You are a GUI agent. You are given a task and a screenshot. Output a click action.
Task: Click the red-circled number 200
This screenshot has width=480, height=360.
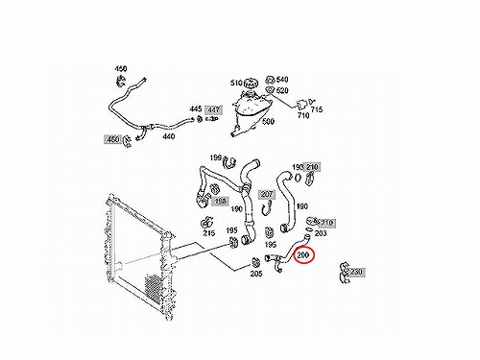302,255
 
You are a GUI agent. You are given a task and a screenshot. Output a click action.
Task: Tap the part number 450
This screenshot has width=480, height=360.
121,69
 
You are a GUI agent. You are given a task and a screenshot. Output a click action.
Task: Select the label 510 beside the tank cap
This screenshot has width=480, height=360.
236,83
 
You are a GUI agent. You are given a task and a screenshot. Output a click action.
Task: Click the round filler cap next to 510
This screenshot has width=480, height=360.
251,84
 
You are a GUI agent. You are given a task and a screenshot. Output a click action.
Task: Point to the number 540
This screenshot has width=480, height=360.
282,80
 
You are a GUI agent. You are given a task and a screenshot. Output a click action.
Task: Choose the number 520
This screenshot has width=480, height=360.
282,90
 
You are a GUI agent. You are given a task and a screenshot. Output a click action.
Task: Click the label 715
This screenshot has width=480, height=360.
317,109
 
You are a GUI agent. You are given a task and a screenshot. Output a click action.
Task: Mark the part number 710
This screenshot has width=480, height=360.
303,115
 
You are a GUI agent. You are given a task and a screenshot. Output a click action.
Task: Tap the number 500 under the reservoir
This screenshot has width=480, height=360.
268,122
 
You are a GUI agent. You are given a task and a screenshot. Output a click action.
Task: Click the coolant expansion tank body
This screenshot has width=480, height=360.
252,110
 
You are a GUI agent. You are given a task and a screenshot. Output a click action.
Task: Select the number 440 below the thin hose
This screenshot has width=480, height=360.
169,136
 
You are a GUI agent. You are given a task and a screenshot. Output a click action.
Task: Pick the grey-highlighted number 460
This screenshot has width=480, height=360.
113,139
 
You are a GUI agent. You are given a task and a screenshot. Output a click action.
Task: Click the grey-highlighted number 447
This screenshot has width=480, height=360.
214,109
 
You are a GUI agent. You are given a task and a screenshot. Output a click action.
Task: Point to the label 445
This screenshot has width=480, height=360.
195,108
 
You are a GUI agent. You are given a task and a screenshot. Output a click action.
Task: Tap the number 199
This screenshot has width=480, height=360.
216,157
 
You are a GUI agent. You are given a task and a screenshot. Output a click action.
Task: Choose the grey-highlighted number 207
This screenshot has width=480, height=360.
267,194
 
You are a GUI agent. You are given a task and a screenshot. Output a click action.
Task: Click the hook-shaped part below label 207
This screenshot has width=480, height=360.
267,207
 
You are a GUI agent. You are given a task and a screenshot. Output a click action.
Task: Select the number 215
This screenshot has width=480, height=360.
209,233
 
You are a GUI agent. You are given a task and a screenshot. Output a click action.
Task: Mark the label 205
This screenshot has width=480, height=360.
256,274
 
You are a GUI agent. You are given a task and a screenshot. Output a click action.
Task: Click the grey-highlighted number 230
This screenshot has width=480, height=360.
356,272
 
